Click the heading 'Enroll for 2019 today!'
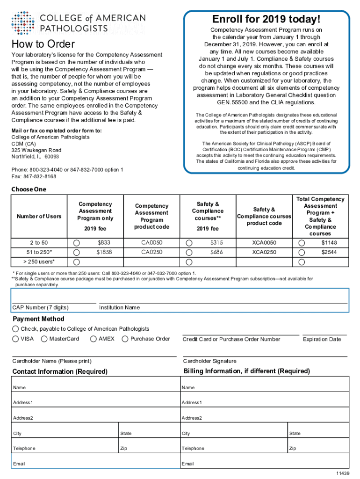pyautogui.click(x=266, y=20)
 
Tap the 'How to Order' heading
pyautogui.click(x=43, y=44)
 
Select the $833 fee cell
pyautogui.click(x=104, y=243)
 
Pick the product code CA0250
pyautogui.click(x=152, y=252)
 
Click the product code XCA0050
pyautogui.click(x=264, y=243)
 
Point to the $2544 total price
pyautogui.click(x=329, y=252)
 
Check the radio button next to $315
pyautogui.click(x=189, y=243)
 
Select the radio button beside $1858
pyautogui.click(x=77, y=252)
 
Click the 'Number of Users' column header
pyautogui.click(x=39, y=216)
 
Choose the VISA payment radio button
pyautogui.click(x=16, y=339)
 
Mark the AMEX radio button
pyautogui.click(x=94, y=339)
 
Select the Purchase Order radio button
pyautogui.click(x=125, y=339)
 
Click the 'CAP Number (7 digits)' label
pyautogui.click(x=40, y=307)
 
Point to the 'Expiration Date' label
pyautogui.click(x=322, y=339)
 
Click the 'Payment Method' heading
pyautogui.click(x=38, y=319)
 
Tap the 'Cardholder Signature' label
pyautogui.click(x=209, y=361)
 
